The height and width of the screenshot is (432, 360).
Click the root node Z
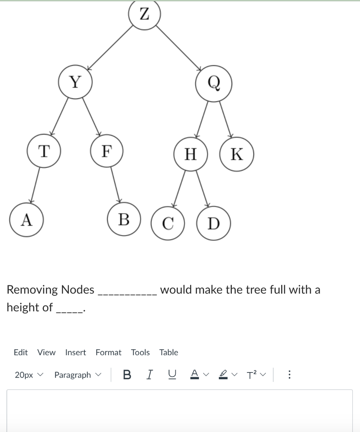pos(145,15)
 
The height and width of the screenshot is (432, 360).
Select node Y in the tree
pos(75,82)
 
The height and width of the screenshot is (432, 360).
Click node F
pos(107,150)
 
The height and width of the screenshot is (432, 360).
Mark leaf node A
pos(27,219)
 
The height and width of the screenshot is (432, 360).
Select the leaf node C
pos(168,223)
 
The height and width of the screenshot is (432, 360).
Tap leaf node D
pos(214,223)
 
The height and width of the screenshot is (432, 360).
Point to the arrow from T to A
pos(35,185)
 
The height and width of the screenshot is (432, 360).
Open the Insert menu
pos(75,352)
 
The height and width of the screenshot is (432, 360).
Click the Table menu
pos(169,352)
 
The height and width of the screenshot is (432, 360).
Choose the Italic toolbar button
pos(149,375)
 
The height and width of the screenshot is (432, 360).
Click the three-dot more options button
pos(289,375)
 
